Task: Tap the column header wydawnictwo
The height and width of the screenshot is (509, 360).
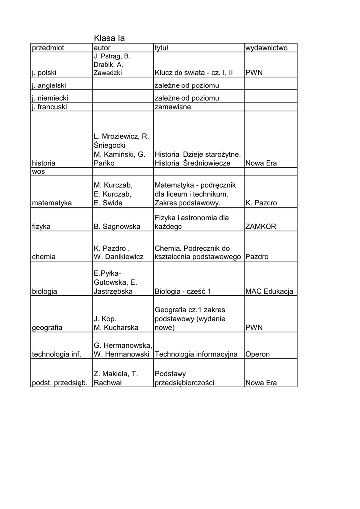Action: pos(267,48)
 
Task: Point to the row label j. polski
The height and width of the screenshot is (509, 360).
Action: pos(44,73)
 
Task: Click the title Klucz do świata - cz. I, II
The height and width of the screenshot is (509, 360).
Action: pos(193,73)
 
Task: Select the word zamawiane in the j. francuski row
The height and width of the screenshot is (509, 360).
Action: pos(173,107)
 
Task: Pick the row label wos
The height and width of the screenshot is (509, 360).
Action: pos(38,171)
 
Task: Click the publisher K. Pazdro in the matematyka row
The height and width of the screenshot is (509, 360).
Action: pos(262,203)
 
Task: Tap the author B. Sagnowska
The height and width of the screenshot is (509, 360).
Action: pos(117,226)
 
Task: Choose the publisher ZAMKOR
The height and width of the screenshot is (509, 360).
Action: pos(261,226)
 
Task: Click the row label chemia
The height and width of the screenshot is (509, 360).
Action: pos(44,257)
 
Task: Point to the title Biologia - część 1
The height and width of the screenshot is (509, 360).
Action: pos(183,292)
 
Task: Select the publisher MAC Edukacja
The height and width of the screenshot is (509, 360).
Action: pos(270,292)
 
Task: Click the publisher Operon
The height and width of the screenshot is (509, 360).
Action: pos(258,354)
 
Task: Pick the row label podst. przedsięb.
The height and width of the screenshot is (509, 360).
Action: pos(60,383)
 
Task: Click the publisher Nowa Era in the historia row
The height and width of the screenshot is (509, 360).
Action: pos(262,163)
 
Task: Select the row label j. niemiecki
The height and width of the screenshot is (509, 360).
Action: pos(50,98)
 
